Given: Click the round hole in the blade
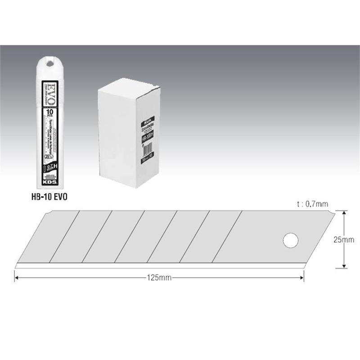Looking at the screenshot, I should (291, 240).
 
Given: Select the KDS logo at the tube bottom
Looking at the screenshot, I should (49, 184).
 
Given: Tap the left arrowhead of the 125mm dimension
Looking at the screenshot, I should (17, 278).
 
